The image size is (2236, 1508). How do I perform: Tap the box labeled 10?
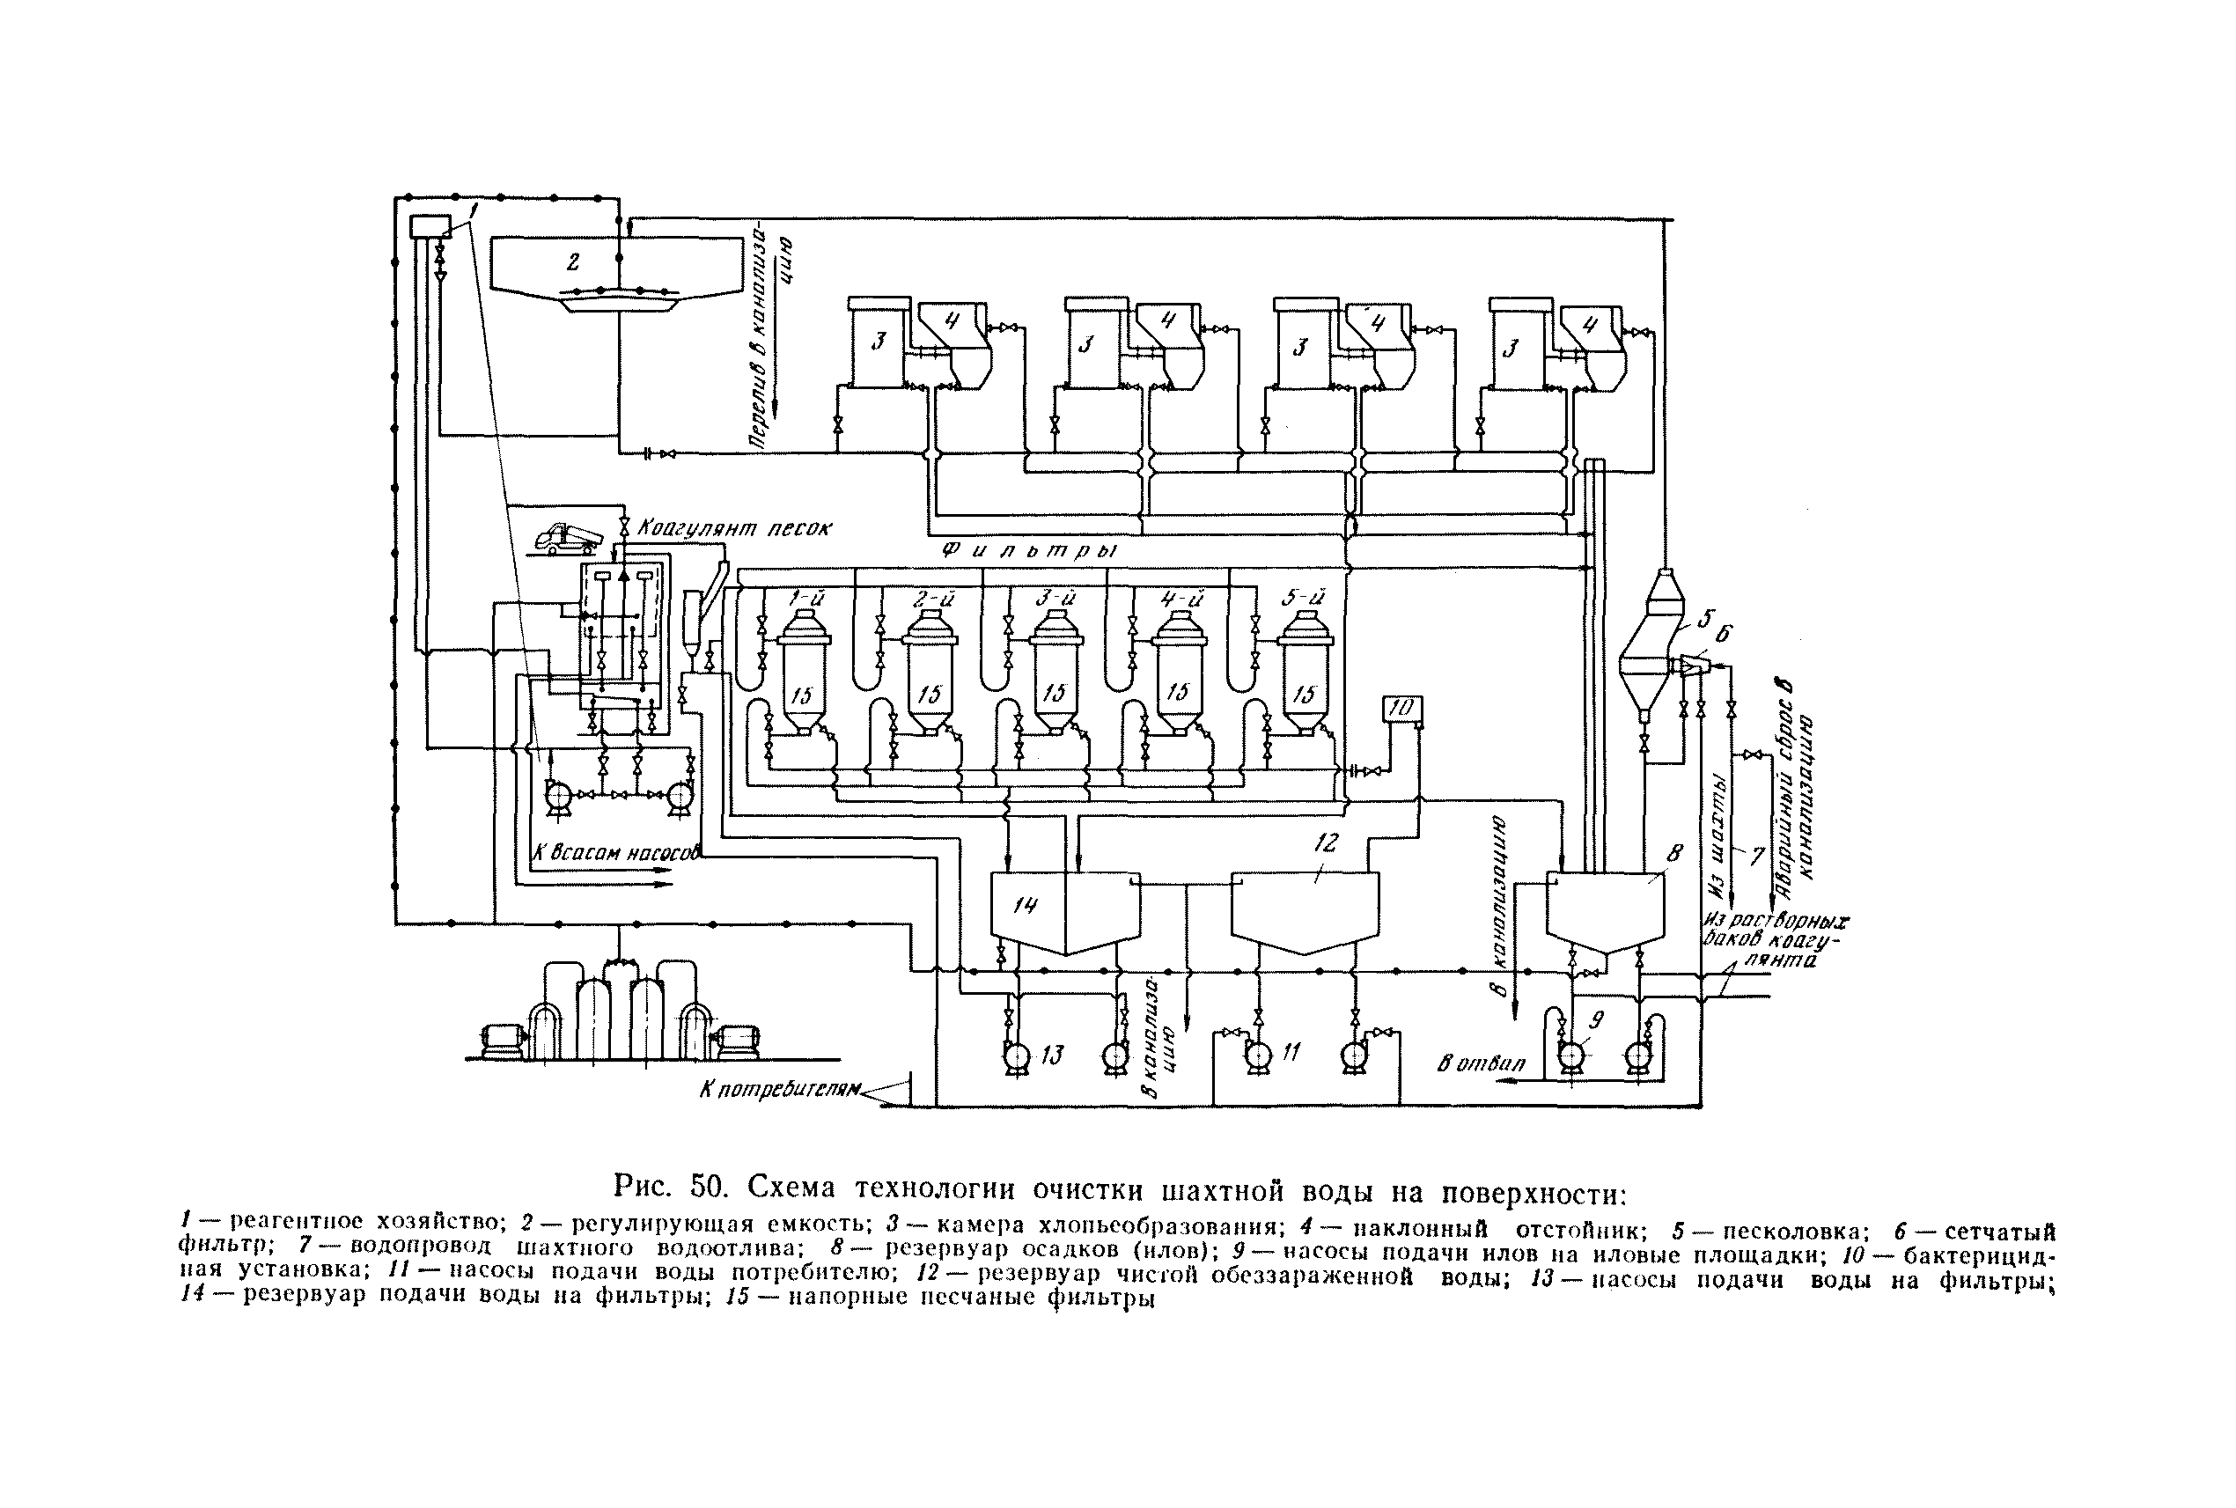pyautogui.click(x=1401, y=709)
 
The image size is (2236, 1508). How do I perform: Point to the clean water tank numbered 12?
pyautogui.click(x=1304, y=908)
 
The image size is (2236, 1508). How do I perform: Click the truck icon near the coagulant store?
pyautogui.click(x=570, y=540)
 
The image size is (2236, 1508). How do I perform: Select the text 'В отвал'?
pyautogui.click(x=1481, y=1063)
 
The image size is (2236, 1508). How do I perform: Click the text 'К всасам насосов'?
pyautogui.click(x=616, y=852)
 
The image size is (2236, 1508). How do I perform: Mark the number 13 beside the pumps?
pyautogui.click(x=1052, y=1055)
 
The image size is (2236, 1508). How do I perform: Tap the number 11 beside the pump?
pyautogui.click(x=1290, y=1053)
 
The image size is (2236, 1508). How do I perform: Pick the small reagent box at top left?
pyautogui.click(x=430, y=227)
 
